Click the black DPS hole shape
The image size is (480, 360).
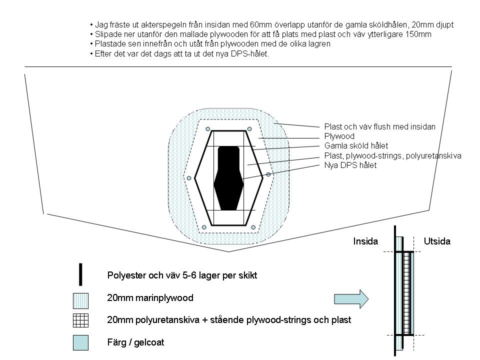tap(229, 177)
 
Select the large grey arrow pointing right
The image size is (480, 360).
tap(351, 298)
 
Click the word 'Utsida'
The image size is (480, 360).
tap(437, 241)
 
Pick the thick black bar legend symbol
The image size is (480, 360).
tap(80, 273)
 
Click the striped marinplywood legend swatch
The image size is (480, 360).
tap(80, 298)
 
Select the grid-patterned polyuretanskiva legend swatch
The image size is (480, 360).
tap(80, 320)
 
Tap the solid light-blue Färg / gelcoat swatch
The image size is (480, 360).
tap(80, 342)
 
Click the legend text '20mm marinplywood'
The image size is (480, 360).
tap(150, 298)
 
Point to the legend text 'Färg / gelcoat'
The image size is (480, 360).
tap(135, 343)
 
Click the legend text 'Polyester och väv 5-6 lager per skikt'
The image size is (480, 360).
tap(182, 275)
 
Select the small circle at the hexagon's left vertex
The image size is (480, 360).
tap(189, 178)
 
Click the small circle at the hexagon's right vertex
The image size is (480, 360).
tap(268, 174)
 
